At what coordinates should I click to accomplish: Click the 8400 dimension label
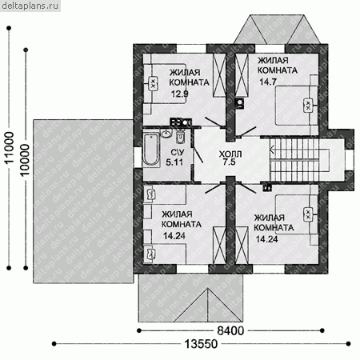230,330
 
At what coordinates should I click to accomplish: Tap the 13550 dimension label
201,344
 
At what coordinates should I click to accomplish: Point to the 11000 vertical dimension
10,147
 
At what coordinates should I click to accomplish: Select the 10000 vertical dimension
25,160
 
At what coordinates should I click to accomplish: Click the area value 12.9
180,94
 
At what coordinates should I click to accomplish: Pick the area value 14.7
268,82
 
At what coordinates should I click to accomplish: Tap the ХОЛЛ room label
230,154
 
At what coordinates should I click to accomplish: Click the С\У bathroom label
178,153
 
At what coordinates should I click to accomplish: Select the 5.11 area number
174,162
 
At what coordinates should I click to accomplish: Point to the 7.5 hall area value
230,162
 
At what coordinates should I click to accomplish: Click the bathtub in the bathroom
151,150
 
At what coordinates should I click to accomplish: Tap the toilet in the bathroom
180,137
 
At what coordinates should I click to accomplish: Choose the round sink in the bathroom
166,133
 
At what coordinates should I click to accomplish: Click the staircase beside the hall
294,159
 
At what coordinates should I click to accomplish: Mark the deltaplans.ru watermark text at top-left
30,6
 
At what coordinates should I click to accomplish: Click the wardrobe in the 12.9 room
219,75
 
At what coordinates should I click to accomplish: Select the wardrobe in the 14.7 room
242,75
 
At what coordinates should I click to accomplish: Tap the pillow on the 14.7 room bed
308,106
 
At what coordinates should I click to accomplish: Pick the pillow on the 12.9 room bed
153,84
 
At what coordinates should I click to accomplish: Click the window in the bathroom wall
138,158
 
